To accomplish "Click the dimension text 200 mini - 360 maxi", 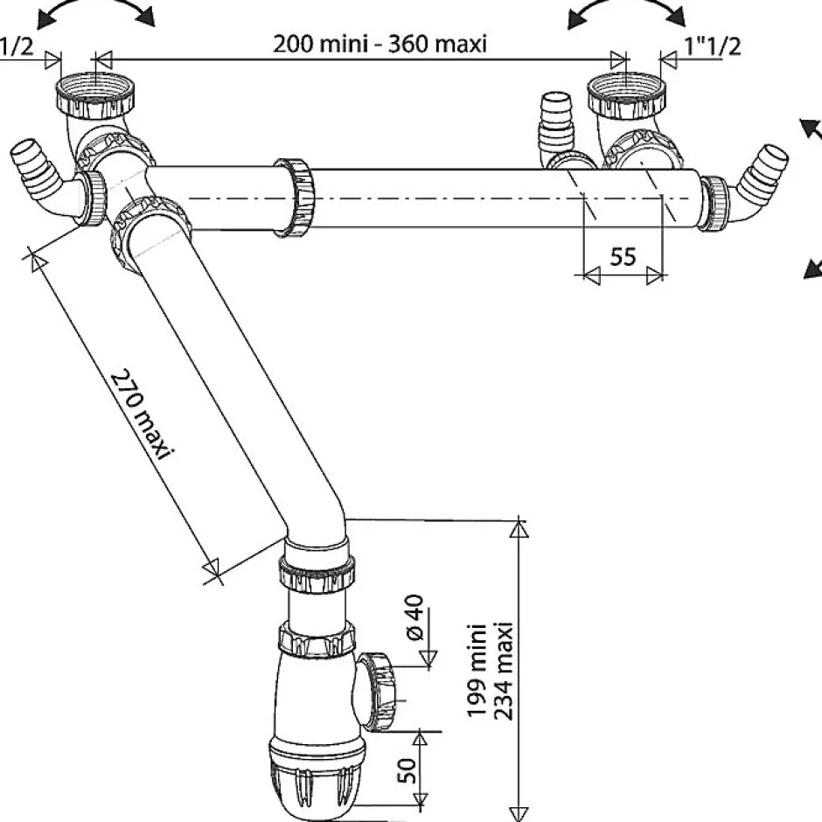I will click(380, 43).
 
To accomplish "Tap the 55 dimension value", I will click(622, 257).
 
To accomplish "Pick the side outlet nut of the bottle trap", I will click(380, 691).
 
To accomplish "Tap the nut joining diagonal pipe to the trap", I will click(316, 573).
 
